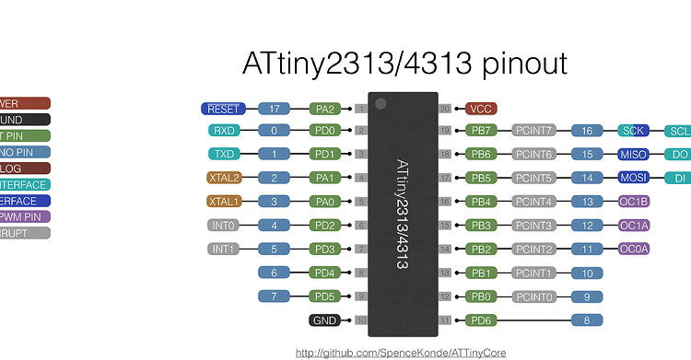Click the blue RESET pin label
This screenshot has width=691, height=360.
point(223,109)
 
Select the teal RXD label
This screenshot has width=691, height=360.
point(225,131)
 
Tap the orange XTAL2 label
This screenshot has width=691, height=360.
point(225,178)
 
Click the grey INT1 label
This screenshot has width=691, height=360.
point(225,249)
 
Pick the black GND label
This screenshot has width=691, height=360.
point(325,320)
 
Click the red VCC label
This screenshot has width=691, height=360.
point(481,109)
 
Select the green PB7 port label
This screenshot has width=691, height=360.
point(481,131)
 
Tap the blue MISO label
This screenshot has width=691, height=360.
point(634,154)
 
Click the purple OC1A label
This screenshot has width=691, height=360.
point(634,226)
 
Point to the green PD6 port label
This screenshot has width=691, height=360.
point(481,320)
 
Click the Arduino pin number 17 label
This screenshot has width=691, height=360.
point(275,109)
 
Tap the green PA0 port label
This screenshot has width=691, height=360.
point(325,202)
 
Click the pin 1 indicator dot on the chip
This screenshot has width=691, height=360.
point(380,103)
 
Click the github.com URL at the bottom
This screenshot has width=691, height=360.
point(401,353)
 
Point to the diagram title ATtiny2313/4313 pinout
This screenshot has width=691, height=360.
point(404,63)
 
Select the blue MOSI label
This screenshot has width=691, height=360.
point(634,178)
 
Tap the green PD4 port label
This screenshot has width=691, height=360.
point(325,273)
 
